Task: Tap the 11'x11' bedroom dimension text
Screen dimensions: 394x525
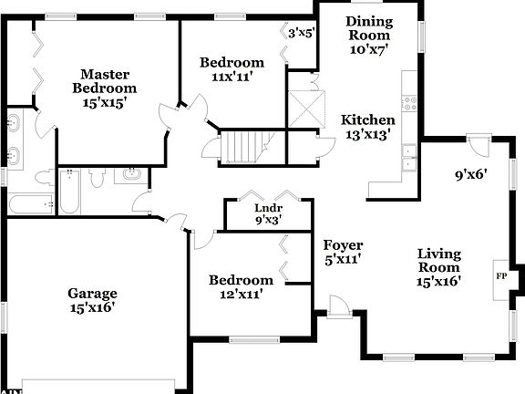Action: [x=232, y=78]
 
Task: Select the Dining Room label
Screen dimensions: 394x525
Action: [x=368, y=27]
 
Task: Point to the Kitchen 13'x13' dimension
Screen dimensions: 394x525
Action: [x=368, y=134]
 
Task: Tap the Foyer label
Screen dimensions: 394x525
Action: [x=343, y=245]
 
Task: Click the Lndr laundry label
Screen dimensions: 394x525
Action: [x=267, y=207]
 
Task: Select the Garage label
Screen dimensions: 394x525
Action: [x=93, y=293]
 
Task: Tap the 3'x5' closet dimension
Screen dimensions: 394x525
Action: [x=301, y=33]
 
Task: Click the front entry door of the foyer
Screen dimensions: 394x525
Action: [x=338, y=307]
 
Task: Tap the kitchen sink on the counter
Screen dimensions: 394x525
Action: [x=409, y=158]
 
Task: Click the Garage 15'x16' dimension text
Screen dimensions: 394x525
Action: [x=93, y=308]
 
